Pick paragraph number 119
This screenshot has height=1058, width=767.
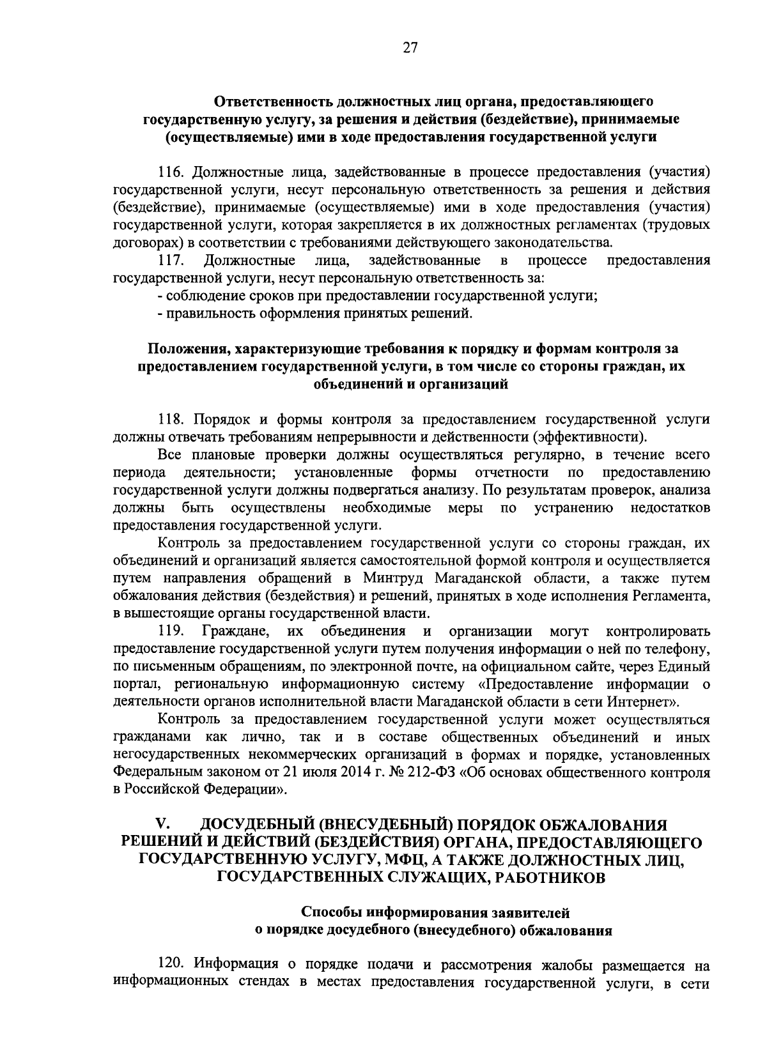pyautogui.click(x=171, y=631)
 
